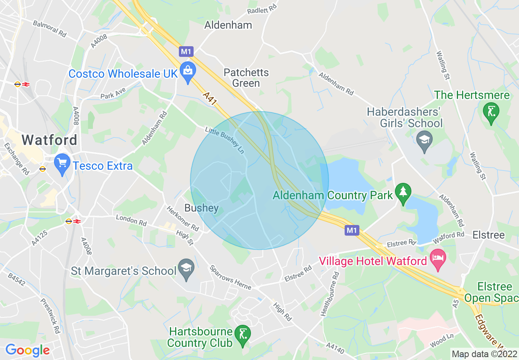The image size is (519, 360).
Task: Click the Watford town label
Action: [50, 140]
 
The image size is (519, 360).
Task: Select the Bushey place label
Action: [201, 208]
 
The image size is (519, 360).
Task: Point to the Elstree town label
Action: [488, 235]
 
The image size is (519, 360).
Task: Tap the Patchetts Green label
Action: [246, 78]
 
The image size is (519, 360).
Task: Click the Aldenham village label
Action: [228, 25]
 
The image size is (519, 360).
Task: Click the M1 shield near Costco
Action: [186, 52]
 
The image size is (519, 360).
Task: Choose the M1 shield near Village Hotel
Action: [352, 230]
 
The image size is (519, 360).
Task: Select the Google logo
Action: [27, 350]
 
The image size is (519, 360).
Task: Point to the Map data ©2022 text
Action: [484, 354]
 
